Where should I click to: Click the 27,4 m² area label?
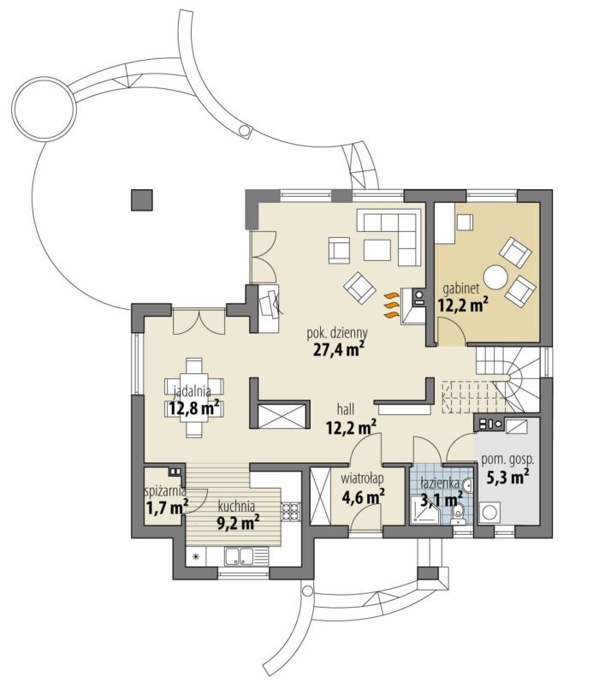pos(338,349)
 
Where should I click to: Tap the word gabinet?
pos(461,288)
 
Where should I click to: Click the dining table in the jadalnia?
pos(194,397)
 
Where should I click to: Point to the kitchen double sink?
pos(239,556)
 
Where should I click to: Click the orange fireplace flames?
pos(391,305)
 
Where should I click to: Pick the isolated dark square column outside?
pos(141,200)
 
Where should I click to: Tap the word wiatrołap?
pos(362,478)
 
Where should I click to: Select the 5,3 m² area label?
pos(507,477)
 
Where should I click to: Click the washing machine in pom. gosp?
pos(489,513)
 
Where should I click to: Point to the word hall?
pos(346,408)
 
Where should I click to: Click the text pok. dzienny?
pos(337,334)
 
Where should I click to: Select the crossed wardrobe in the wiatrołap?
pos(320,496)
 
